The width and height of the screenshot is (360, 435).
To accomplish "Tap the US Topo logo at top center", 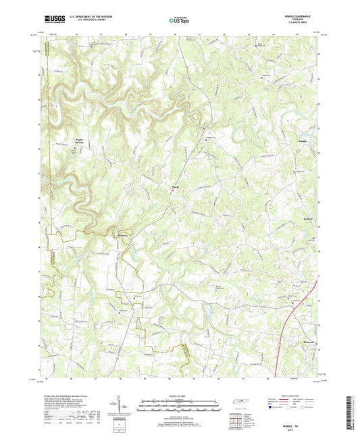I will click(x=178, y=21).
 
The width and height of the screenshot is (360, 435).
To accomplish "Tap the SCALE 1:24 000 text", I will click(x=179, y=395).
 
